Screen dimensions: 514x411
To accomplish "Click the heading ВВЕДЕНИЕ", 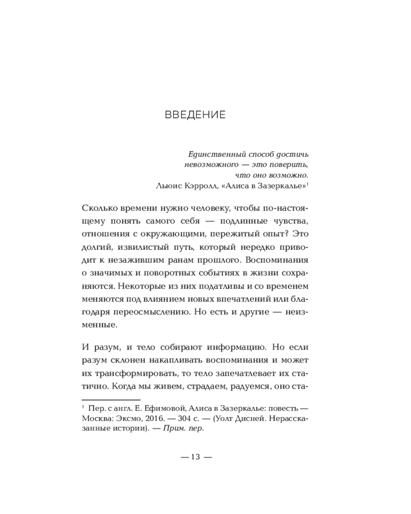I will pyautogui.click(x=195, y=115).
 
